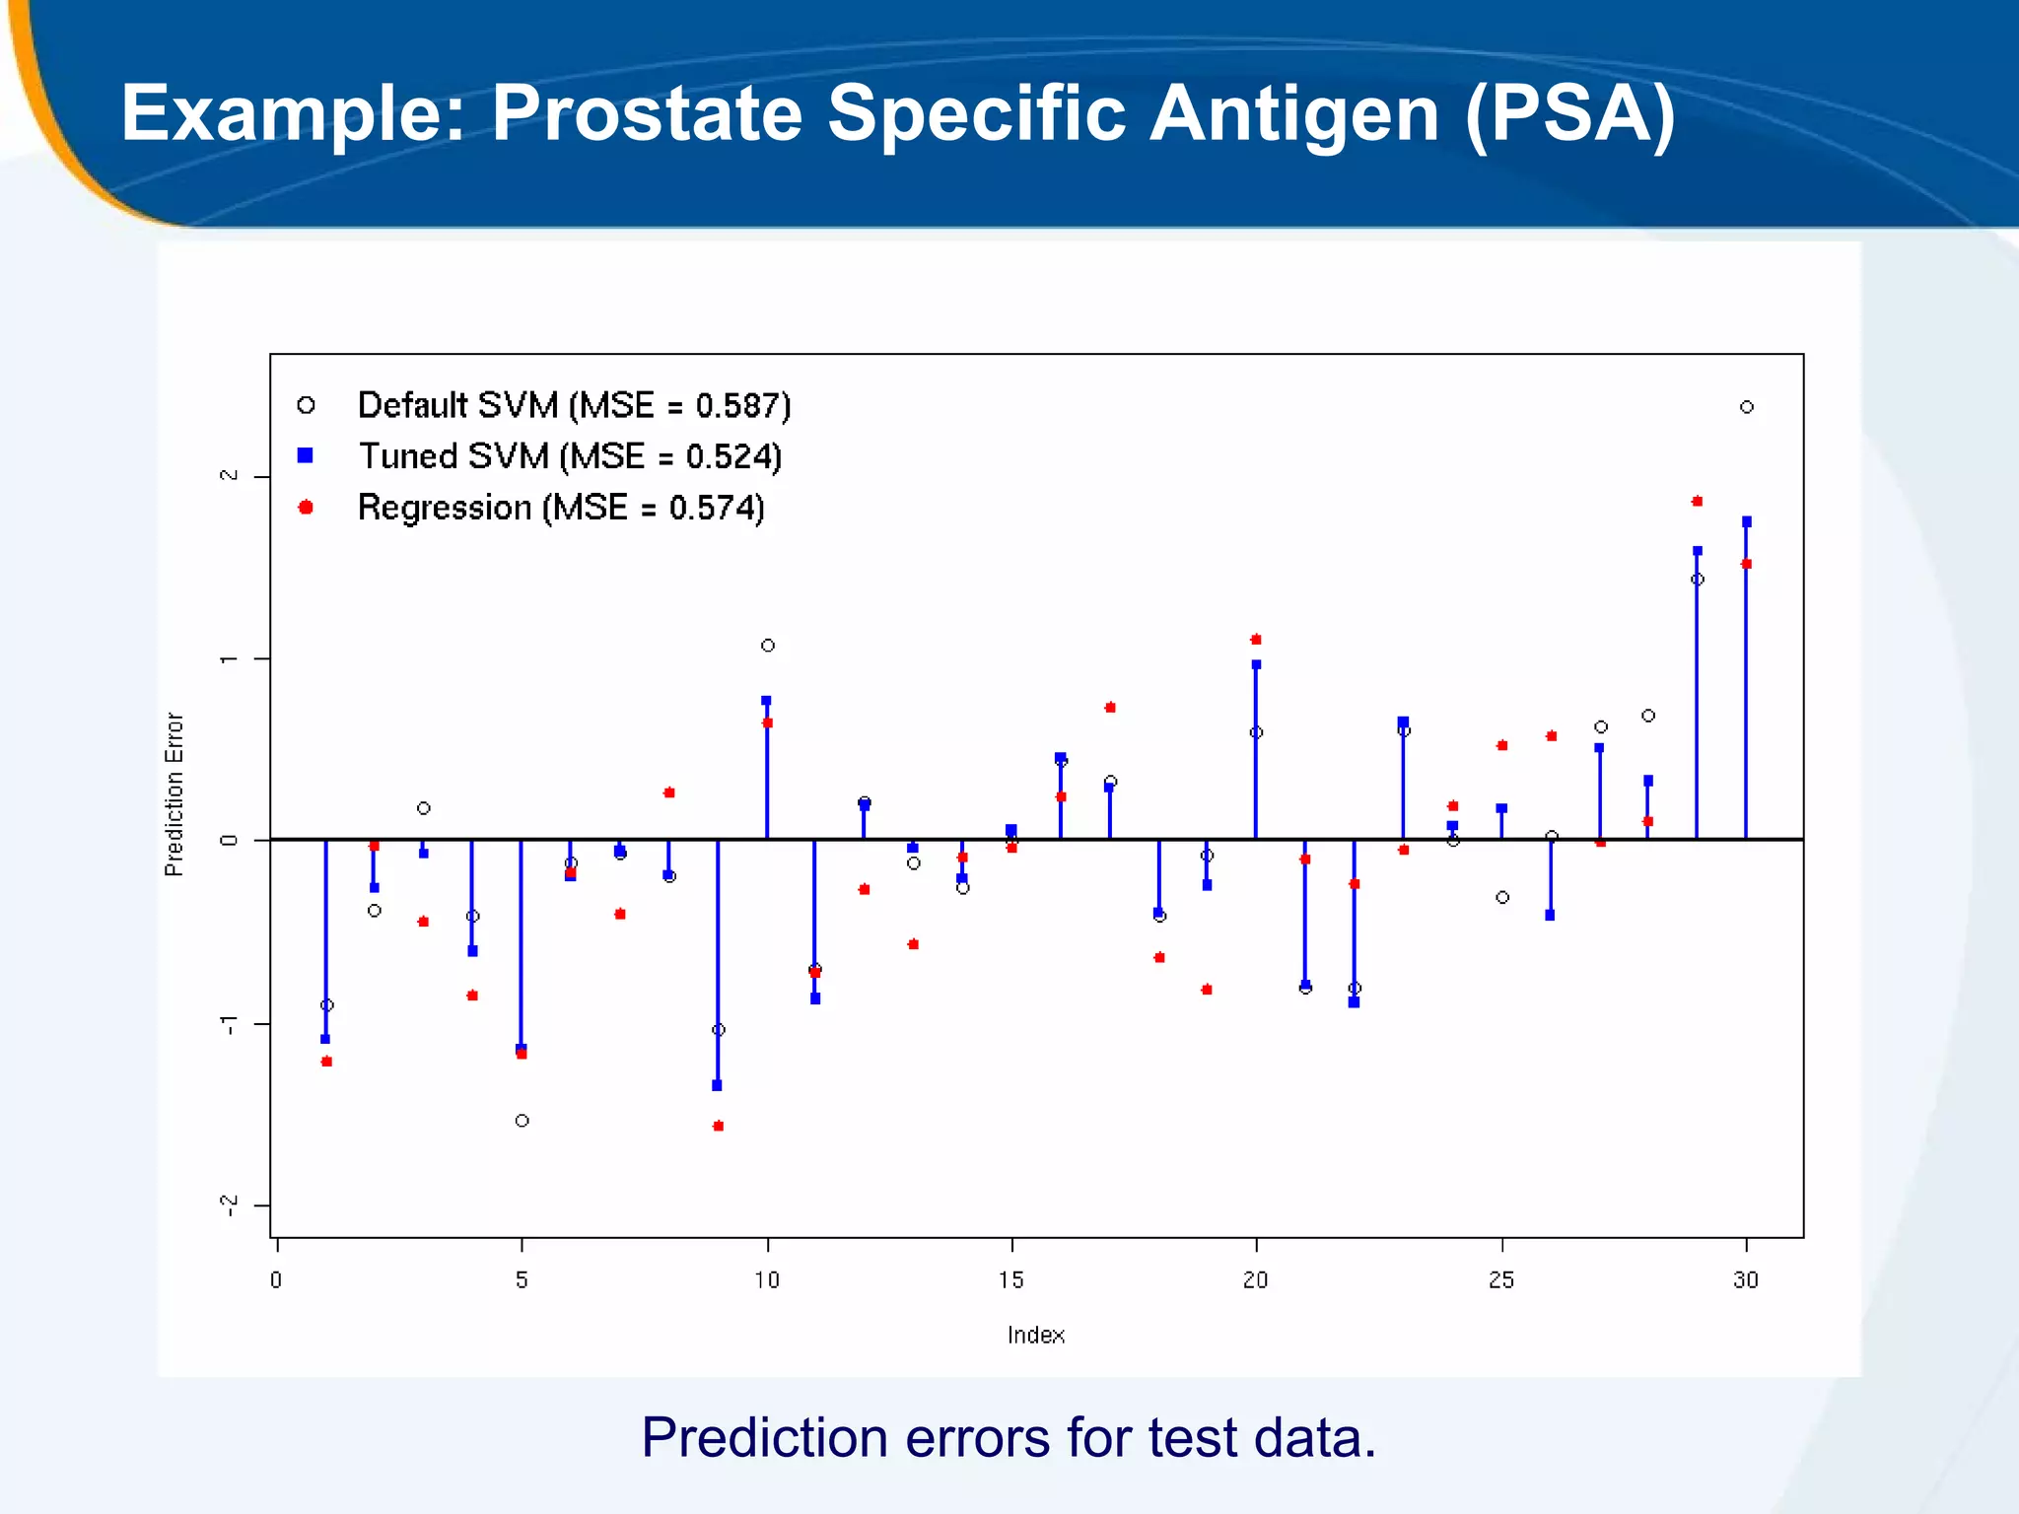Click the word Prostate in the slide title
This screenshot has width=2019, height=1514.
click(647, 113)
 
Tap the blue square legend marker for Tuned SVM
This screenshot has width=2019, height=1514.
click(306, 455)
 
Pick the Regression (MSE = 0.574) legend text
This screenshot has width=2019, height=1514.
click(560, 508)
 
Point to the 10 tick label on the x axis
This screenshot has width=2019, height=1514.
click(767, 1279)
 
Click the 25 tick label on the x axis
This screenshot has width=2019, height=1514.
click(1501, 1279)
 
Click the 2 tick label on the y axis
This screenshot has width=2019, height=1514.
click(229, 476)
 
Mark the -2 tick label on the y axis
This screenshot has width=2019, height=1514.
click(229, 1204)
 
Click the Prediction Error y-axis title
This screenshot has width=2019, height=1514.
click(174, 794)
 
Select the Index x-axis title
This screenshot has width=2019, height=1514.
click(1035, 1335)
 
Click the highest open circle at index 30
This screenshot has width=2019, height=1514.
click(1747, 407)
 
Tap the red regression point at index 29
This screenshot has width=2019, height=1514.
click(1697, 502)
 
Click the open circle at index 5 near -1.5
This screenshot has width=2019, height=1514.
click(522, 1121)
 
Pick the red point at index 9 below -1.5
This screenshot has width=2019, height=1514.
click(719, 1126)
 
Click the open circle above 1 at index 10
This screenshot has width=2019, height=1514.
click(768, 646)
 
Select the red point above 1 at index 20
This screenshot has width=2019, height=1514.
click(1256, 640)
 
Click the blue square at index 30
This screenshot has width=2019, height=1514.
click(1747, 522)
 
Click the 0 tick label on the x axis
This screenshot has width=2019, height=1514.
click(276, 1279)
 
